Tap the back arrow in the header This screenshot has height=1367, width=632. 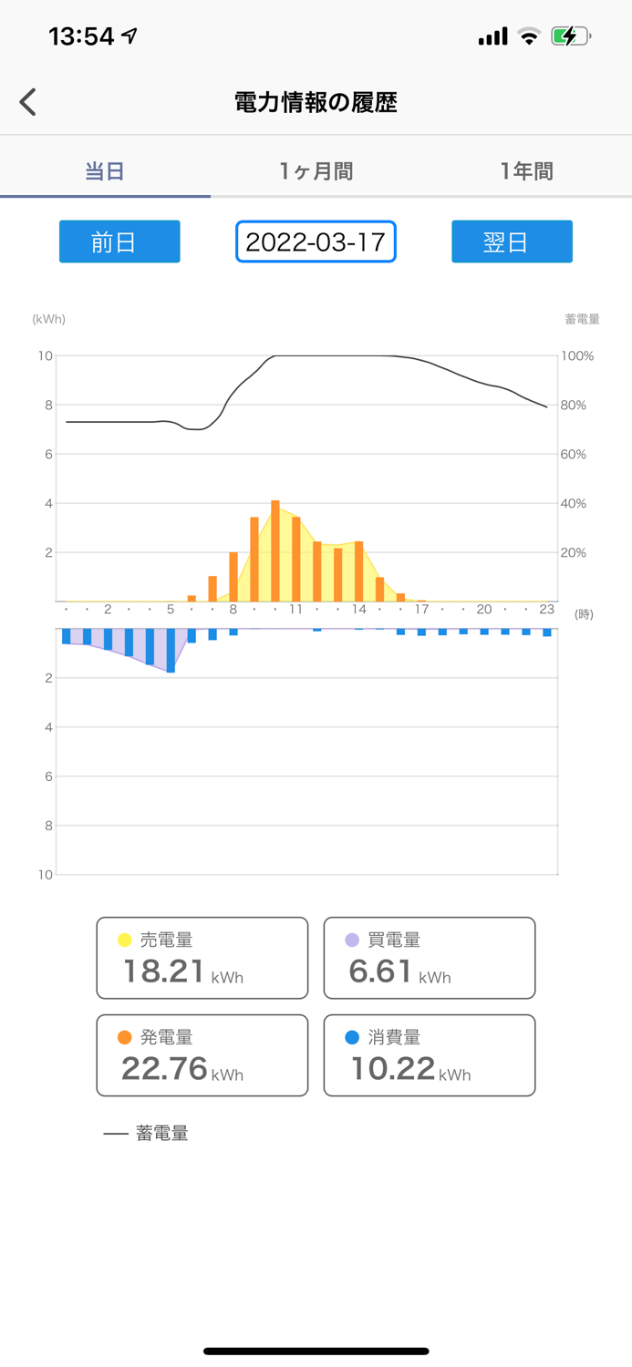tap(28, 102)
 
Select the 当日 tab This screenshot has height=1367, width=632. tap(105, 171)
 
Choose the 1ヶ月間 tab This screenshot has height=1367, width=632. tap(316, 171)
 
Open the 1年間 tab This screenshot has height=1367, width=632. tap(526, 171)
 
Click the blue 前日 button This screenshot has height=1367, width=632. tap(119, 242)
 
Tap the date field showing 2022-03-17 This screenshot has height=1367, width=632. tap(316, 242)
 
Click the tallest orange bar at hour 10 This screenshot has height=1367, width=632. tap(275, 551)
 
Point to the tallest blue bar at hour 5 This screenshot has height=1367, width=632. tap(171, 651)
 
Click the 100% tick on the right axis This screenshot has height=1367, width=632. tap(576, 356)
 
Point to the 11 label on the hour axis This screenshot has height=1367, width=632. tap(295, 610)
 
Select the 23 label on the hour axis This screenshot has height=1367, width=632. tap(547, 610)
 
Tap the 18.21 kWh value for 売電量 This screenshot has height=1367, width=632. tap(164, 971)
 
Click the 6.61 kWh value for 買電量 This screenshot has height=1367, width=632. tap(381, 971)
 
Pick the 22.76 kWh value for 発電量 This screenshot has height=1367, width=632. tap(164, 1068)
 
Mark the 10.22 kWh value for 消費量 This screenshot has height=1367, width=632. tap(393, 1068)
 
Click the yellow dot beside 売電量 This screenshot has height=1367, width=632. tap(125, 940)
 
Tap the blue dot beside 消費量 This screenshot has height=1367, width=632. tap(352, 1037)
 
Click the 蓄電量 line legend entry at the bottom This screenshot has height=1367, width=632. tap(146, 1134)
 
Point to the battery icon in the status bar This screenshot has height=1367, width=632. tap(570, 36)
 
